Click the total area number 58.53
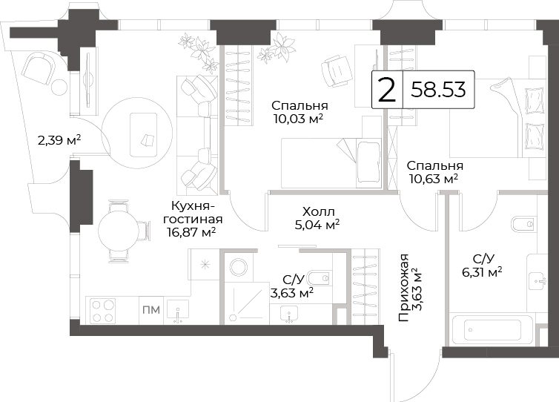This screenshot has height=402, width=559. click(438, 90)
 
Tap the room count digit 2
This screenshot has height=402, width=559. click(387, 90)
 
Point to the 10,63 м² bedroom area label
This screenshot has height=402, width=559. click(434, 179)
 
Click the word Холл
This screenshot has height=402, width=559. click(318, 212)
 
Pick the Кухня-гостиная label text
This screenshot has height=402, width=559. click(193, 212)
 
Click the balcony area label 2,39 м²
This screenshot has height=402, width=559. click(59, 140)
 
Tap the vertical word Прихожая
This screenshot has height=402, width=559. click(403, 288)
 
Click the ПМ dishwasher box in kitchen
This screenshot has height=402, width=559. click(151, 310)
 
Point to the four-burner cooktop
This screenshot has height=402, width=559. click(103, 311)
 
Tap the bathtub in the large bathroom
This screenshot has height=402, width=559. click(492, 330)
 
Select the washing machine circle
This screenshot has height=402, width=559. click(239, 267)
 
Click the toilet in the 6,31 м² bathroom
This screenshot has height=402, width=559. click(524, 224)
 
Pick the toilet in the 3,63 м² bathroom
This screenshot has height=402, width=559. click(320, 277)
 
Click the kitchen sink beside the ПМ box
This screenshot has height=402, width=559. click(177, 312)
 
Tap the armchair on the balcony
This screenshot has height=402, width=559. click(39, 69)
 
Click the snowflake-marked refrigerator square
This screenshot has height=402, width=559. click(205, 264)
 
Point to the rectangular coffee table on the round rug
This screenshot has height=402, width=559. click(143, 135)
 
